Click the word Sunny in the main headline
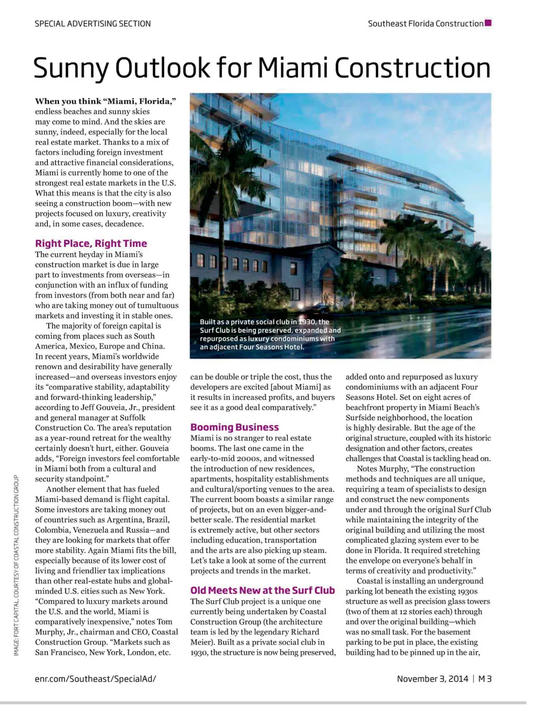[x=69, y=68]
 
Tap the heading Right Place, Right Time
[x=91, y=244]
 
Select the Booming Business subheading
[x=235, y=427]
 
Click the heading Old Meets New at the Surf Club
[x=263, y=590]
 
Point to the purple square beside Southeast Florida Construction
[x=488, y=23]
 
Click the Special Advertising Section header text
[x=93, y=23]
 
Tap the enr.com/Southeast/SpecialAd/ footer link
[x=95, y=678]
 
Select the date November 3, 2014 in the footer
[x=432, y=678]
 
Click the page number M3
[x=485, y=678]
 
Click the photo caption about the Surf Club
[x=270, y=335]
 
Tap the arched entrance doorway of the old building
[x=328, y=283]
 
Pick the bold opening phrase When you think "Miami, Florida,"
[x=105, y=101]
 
